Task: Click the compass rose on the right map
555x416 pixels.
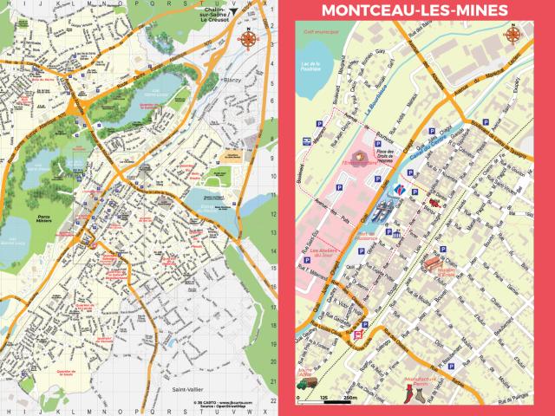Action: (514, 37)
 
